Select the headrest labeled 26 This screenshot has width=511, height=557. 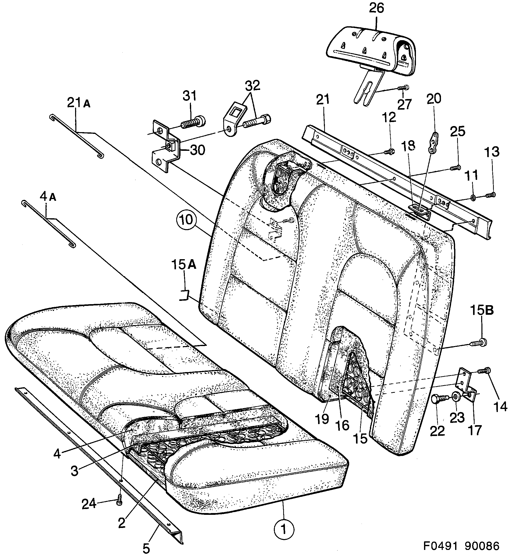click(370, 51)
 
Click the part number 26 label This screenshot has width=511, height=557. click(377, 8)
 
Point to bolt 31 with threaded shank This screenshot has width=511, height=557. click(194, 123)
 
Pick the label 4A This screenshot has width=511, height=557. click(48, 197)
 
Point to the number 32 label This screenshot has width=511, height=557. click(252, 86)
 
